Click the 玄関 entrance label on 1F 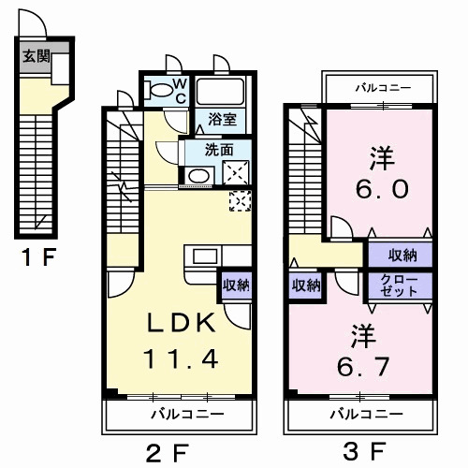pos(37,57)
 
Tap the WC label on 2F pos(180,91)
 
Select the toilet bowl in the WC pos(159,90)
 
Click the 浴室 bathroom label pos(222,120)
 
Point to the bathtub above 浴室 pos(220,92)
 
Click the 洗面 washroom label pos(219,150)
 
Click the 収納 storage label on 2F pos(236,285)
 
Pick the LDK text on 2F pos(181,322)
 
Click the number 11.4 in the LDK pos(181,358)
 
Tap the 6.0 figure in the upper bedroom pos(382,188)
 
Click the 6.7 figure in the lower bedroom pos(363,367)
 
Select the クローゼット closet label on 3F pos(399,285)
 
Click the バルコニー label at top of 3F pos(384,88)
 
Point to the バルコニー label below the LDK pos(188,415)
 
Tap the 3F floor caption pos(364,451)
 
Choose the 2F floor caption pos(168,452)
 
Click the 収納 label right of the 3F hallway pos(402,256)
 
